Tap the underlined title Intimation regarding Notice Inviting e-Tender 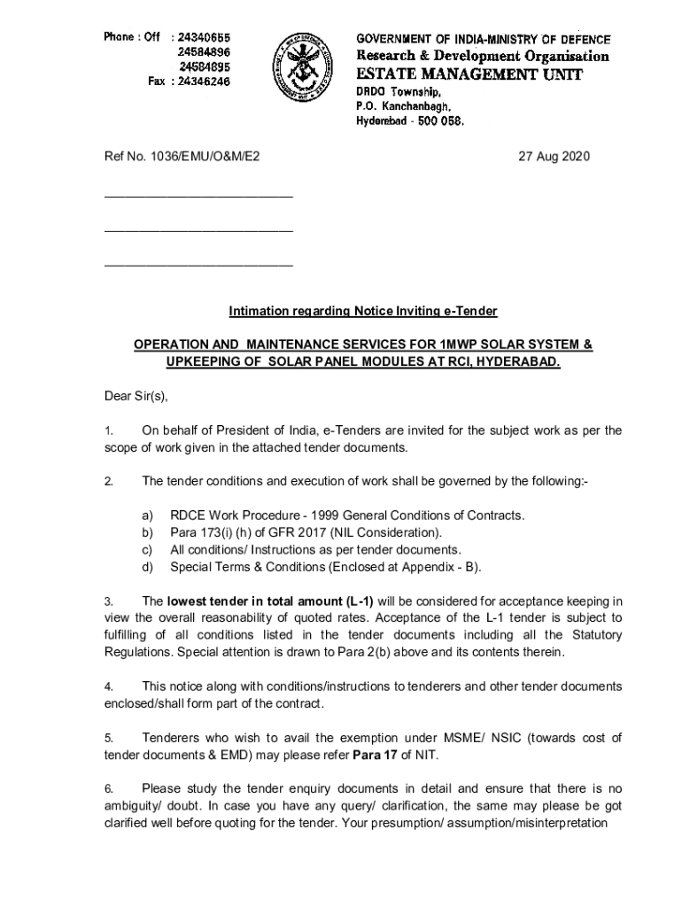click(x=363, y=311)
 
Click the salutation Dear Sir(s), click(x=136, y=396)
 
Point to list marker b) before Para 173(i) click(x=147, y=532)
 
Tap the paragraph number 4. click(x=108, y=686)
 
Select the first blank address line click(x=198, y=195)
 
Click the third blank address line click(x=198, y=264)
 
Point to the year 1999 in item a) click(x=303, y=516)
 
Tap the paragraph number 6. click(x=108, y=789)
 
